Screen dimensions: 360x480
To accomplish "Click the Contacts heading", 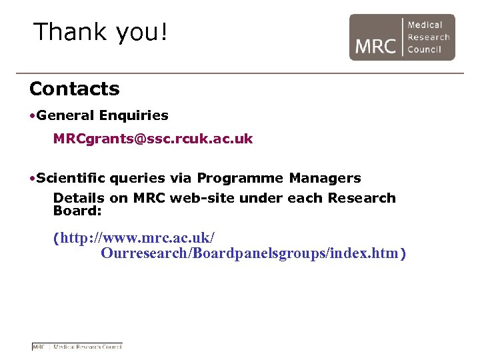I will click(x=74, y=89).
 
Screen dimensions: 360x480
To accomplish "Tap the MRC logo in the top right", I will click(x=401, y=37).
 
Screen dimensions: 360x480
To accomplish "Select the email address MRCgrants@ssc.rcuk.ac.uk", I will click(x=153, y=139).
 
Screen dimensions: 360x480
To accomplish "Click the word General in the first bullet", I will click(x=66, y=116).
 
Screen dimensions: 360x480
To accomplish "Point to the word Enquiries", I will click(x=133, y=116).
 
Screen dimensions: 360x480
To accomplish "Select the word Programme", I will click(x=240, y=179).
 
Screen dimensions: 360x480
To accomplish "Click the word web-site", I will click(x=198, y=198).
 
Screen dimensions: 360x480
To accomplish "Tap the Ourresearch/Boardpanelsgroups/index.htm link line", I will click(x=253, y=254).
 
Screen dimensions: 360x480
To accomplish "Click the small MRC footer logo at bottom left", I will click(x=77, y=347).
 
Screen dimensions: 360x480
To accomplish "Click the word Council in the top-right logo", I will click(x=425, y=49).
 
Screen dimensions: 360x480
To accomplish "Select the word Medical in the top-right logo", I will click(x=425, y=25).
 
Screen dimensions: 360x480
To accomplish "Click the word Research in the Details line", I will click(x=364, y=198).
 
